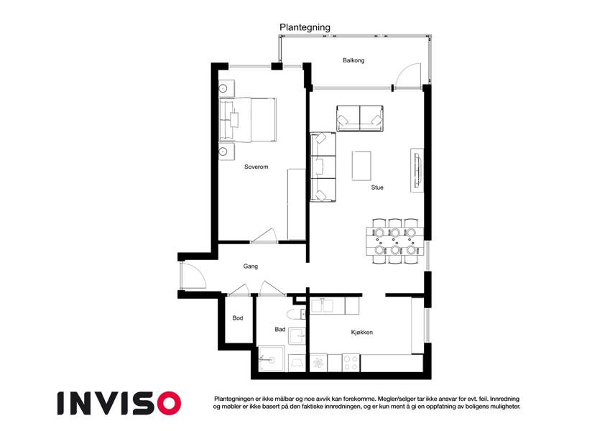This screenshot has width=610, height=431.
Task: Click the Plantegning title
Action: click(305, 27)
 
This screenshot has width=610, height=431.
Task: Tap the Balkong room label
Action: click(353, 60)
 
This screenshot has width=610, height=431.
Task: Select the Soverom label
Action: click(256, 167)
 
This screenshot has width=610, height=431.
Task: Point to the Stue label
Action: click(377, 187)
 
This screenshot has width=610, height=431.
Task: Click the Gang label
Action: click(251, 267)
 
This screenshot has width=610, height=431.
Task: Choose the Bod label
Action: click(238, 318)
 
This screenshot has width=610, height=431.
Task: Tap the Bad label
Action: click(280, 329)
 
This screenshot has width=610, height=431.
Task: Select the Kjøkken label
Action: click(362, 332)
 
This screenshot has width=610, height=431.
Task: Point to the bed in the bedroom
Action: click(248, 119)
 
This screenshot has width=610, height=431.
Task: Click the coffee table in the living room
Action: click(361, 166)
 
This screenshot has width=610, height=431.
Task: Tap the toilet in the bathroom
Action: click(296, 314)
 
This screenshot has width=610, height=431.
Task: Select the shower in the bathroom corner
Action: click(271, 358)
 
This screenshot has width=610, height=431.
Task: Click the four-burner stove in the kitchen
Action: click(351, 363)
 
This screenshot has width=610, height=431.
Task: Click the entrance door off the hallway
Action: click(193, 275)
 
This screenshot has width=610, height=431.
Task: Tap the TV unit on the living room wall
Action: click(417, 170)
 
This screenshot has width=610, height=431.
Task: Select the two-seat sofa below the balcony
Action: click(360, 118)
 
